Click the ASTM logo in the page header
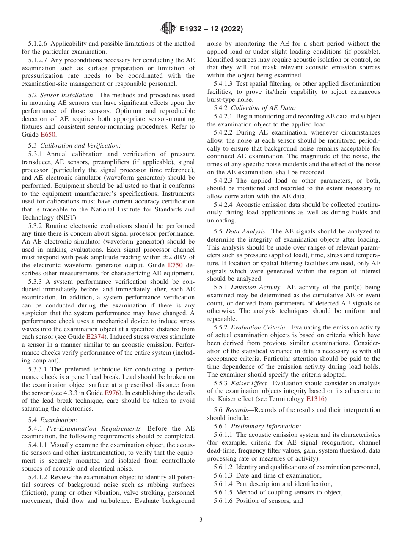(169, 29)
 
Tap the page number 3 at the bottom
(201, 519)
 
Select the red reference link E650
(48, 134)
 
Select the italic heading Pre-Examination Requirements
(94, 428)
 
